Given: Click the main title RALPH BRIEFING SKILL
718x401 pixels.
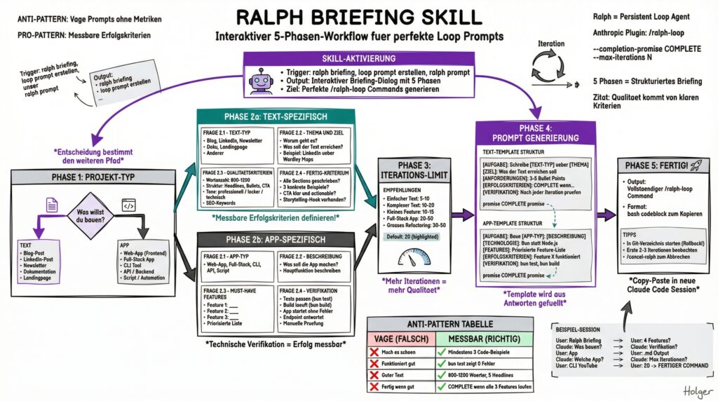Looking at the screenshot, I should tap(359, 17).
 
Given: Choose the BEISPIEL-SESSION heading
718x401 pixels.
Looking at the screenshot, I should tap(579, 328).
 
